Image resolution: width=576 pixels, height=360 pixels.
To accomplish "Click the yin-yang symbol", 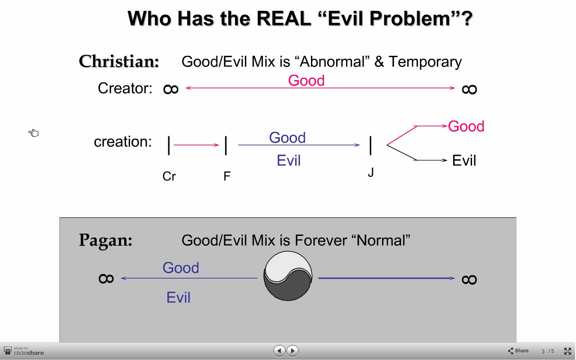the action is (288, 276).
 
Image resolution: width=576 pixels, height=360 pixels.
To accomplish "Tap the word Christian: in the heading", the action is (119, 62).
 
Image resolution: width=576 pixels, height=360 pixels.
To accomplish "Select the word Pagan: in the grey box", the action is (105, 241).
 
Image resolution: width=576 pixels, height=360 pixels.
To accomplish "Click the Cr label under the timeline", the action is (169, 176).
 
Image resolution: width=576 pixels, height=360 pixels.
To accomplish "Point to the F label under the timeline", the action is (227, 176).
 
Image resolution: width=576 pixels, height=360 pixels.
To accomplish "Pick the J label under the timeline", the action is (370, 172).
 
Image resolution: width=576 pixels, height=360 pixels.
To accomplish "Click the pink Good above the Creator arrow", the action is (306, 81).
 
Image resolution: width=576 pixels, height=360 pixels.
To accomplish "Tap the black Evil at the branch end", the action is (464, 161).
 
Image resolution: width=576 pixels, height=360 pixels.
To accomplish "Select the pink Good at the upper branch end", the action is (466, 126).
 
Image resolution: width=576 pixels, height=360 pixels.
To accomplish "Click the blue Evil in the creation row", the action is (288, 161).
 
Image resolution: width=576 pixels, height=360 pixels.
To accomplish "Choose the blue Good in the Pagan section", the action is (181, 268).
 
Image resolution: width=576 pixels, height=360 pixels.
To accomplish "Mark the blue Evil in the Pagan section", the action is (178, 297).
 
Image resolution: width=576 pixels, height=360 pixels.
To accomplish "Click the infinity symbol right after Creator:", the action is (171, 89).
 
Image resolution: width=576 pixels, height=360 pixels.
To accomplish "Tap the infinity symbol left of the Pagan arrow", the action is (106, 279).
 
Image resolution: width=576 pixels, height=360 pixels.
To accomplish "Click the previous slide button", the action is (279, 351).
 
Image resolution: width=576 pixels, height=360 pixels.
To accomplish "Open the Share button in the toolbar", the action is (518, 351).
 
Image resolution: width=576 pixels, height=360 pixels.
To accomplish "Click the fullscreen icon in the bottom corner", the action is (567, 351).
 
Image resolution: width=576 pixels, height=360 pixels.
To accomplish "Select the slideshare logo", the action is (24, 351).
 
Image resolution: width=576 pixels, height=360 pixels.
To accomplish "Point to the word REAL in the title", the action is (283, 18).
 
